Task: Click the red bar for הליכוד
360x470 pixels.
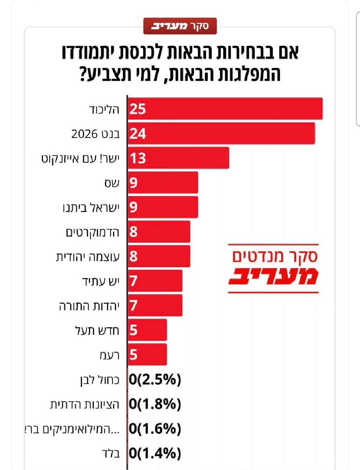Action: (x=225, y=108)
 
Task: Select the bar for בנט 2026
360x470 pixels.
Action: (x=221, y=133)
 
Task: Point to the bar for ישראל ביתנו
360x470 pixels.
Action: (x=163, y=207)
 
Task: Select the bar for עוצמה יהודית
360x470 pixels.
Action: (x=159, y=256)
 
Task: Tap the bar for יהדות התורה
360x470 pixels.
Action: (x=155, y=305)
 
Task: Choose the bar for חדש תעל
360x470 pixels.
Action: (x=147, y=330)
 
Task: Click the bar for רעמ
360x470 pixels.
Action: (x=147, y=354)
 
